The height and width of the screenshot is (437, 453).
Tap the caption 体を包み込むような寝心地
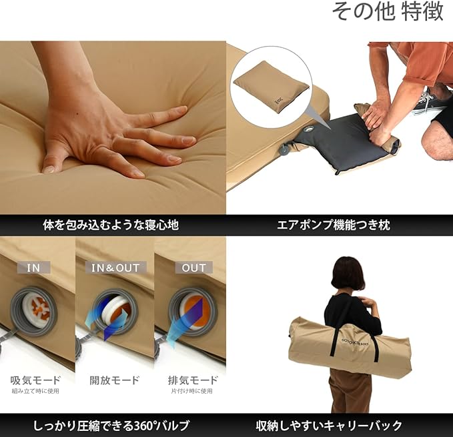point(113,224)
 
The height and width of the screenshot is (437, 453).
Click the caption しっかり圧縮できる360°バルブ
point(113,425)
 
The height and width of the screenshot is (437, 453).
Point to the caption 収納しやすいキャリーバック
point(339,425)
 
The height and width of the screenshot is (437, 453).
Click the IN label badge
point(33,268)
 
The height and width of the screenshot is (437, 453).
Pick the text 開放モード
point(115,380)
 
